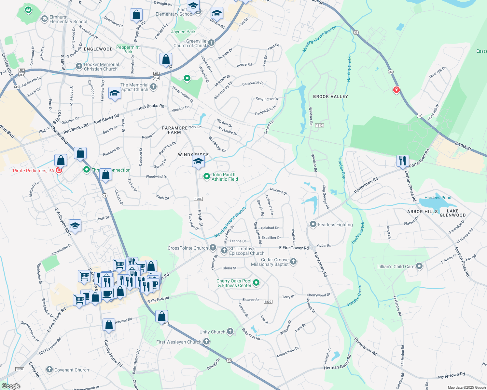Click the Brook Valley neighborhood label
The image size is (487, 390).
pyautogui.click(x=330, y=97)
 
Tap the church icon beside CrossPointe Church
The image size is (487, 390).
pyautogui.click(x=213, y=248)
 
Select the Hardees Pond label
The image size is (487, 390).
pyautogui.click(x=438, y=198)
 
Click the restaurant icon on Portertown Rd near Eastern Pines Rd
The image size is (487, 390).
pyautogui.click(x=403, y=161)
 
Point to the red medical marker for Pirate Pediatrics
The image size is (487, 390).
pyautogui.click(x=59, y=170)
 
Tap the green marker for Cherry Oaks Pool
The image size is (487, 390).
pyautogui.click(x=256, y=283)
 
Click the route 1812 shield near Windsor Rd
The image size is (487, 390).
pyautogui.click(x=319, y=125)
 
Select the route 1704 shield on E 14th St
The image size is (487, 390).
pyautogui.click(x=198, y=199)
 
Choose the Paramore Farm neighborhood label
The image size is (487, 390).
pyautogui.click(x=174, y=130)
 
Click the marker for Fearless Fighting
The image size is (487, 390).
pyautogui.click(x=313, y=224)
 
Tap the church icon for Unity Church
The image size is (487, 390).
pyautogui.click(x=230, y=331)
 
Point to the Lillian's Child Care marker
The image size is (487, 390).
pyautogui.click(x=419, y=266)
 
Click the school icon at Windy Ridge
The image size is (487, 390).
pyautogui.click(x=198, y=161)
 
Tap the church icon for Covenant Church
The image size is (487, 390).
pyautogui.click(x=49, y=370)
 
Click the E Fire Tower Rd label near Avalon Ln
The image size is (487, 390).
pyautogui.click(x=294, y=248)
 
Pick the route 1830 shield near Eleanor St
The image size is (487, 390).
pyautogui.click(x=268, y=302)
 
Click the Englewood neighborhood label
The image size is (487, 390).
pyautogui.click(x=98, y=49)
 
